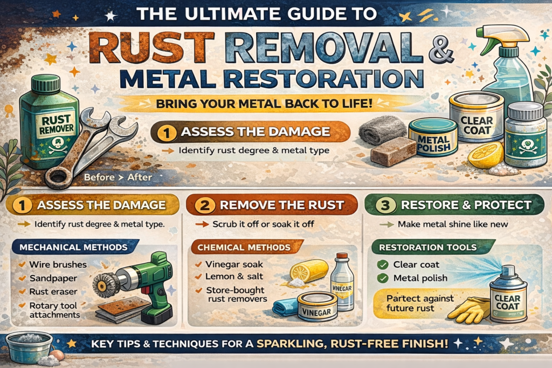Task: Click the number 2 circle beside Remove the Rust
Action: (x=205, y=205)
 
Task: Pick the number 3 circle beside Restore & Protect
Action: (x=385, y=205)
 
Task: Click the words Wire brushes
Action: (x=58, y=265)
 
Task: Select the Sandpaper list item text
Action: (x=53, y=278)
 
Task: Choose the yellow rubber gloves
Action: (x=468, y=310)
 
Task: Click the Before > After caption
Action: (x=118, y=177)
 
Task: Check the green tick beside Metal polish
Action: (x=382, y=278)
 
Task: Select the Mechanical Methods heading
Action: (x=73, y=247)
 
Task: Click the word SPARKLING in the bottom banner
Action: (x=289, y=343)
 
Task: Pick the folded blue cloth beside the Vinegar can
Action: (x=286, y=307)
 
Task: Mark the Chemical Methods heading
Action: (x=244, y=247)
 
